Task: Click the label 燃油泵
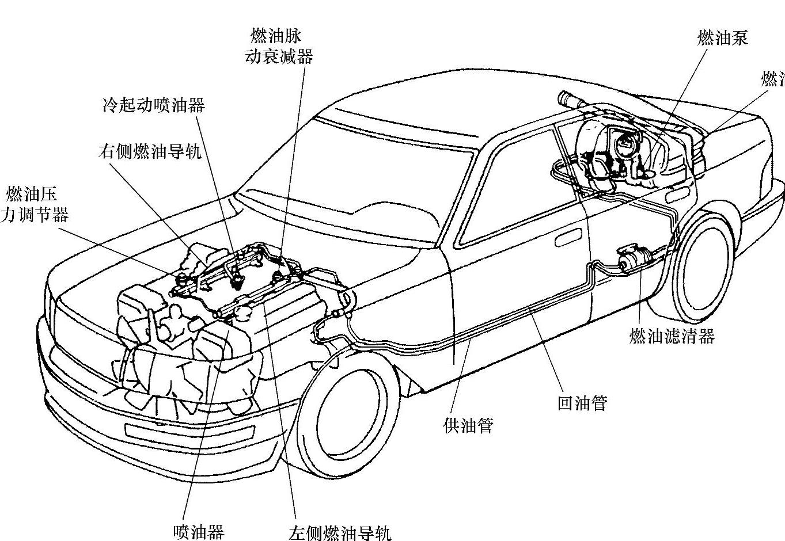pyautogui.click(x=722, y=38)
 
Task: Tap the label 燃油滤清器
pyautogui.click(x=672, y=336)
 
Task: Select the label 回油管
pyautogui.click(x=582, y=403)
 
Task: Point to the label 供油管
pyautogui.click(x=468, y=426)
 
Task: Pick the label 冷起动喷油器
pyautogui.click(x=153, y=105)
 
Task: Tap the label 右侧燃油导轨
pyautogui.click(x=149, y=151)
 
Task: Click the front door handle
pyautogui.click(x=569, y=238)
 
